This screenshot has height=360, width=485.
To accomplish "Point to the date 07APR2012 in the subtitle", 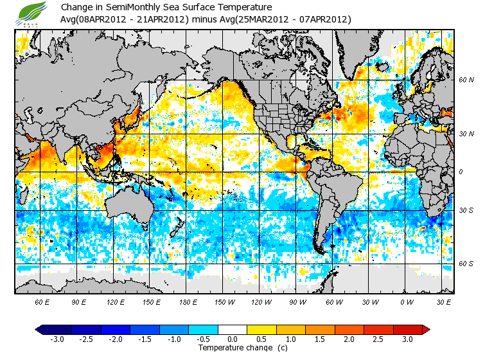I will click(x=322, y=19).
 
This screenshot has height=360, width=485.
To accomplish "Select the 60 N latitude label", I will click(x=466, y=80).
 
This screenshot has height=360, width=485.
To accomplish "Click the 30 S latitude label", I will click(x=466, y=210).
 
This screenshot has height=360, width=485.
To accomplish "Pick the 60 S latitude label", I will click(x=466, y=264).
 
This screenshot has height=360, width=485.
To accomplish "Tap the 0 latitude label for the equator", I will click(x=461, y=172).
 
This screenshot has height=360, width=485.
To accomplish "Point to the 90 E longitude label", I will click(x=78, y=301).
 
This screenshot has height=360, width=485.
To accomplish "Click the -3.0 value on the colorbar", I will click(x=57, y=339).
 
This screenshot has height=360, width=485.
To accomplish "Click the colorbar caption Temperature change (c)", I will click(x=233, y=348).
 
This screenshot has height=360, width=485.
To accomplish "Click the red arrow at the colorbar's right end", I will click(x=426, y=330).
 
